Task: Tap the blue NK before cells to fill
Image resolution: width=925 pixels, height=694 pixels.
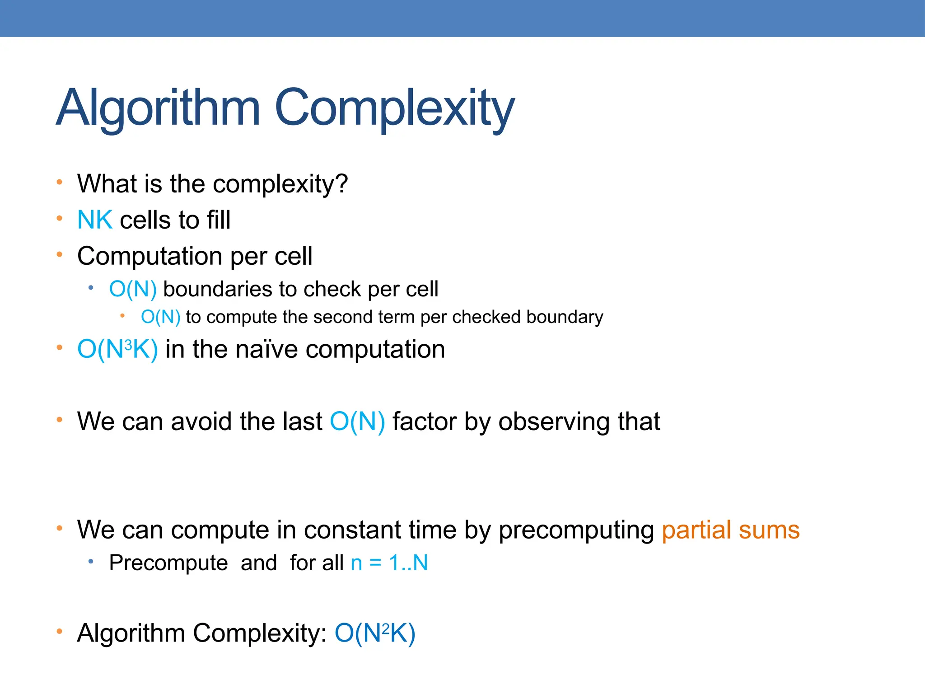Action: [x=95, y=220]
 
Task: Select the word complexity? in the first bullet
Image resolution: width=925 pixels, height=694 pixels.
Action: [x=280, y=184]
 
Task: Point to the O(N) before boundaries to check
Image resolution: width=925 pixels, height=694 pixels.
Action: [x=133, y=289]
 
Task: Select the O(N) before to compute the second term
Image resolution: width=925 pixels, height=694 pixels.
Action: [x=160, y=317]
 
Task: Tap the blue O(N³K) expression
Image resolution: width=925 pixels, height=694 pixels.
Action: [x=117, y=350]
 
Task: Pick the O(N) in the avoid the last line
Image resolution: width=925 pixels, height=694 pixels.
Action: [x=357, y=422]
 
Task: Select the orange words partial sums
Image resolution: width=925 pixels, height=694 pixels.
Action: [x=730, y=530]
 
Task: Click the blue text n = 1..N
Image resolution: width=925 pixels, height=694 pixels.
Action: [x=389, y=563]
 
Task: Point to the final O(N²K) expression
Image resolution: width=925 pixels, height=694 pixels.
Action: [x=374, y=633]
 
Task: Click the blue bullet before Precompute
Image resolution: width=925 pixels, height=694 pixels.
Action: [x=91, y=561]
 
